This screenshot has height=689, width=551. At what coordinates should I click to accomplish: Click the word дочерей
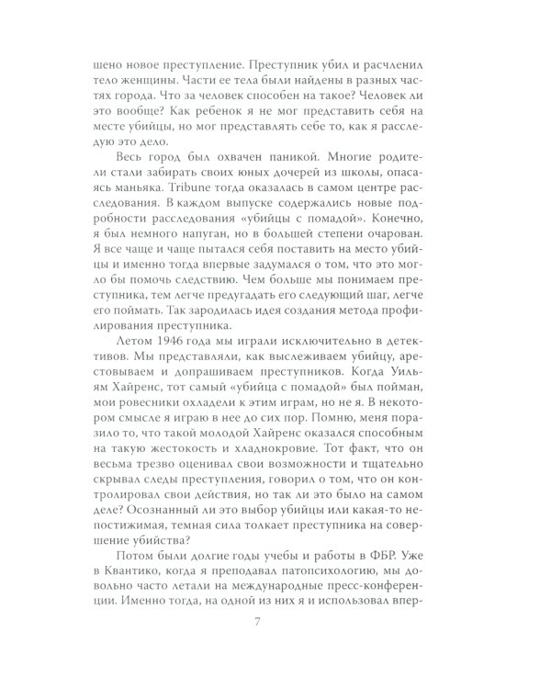(x=295, y=178)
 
